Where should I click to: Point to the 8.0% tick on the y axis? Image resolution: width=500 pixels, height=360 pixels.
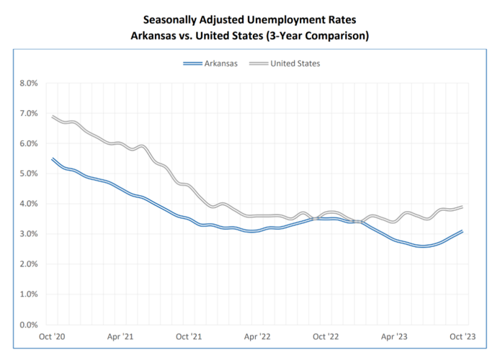[28, 84]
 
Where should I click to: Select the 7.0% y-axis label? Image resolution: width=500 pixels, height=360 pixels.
[28, 114]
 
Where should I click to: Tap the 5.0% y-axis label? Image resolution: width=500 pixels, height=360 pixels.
[28, 174]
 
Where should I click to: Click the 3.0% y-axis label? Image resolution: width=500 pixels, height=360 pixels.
[28, 234]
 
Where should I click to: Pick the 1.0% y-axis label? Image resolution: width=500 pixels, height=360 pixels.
[28, 294]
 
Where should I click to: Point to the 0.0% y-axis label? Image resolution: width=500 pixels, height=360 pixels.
[28, 325]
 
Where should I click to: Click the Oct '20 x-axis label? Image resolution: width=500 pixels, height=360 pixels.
[52, 336]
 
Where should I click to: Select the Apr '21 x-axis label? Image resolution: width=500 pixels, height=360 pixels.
[120, 336]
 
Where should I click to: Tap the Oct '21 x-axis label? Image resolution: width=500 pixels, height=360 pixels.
[188, 336]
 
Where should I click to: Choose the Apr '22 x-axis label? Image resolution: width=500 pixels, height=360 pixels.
[256, 336]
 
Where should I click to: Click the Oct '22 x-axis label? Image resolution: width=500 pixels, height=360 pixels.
[325, 336]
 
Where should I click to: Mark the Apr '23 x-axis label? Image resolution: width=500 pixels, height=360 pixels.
[393, 336]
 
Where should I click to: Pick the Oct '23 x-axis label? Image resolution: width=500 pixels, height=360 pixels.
[461, 336]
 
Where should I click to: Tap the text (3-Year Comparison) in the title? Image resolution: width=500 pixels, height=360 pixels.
[322, 35]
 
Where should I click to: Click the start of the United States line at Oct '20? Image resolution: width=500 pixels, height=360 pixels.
[53, 117]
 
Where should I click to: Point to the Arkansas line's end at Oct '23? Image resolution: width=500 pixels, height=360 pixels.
[461, 231]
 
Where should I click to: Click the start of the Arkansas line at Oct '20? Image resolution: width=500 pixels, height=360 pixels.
[53, 158]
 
